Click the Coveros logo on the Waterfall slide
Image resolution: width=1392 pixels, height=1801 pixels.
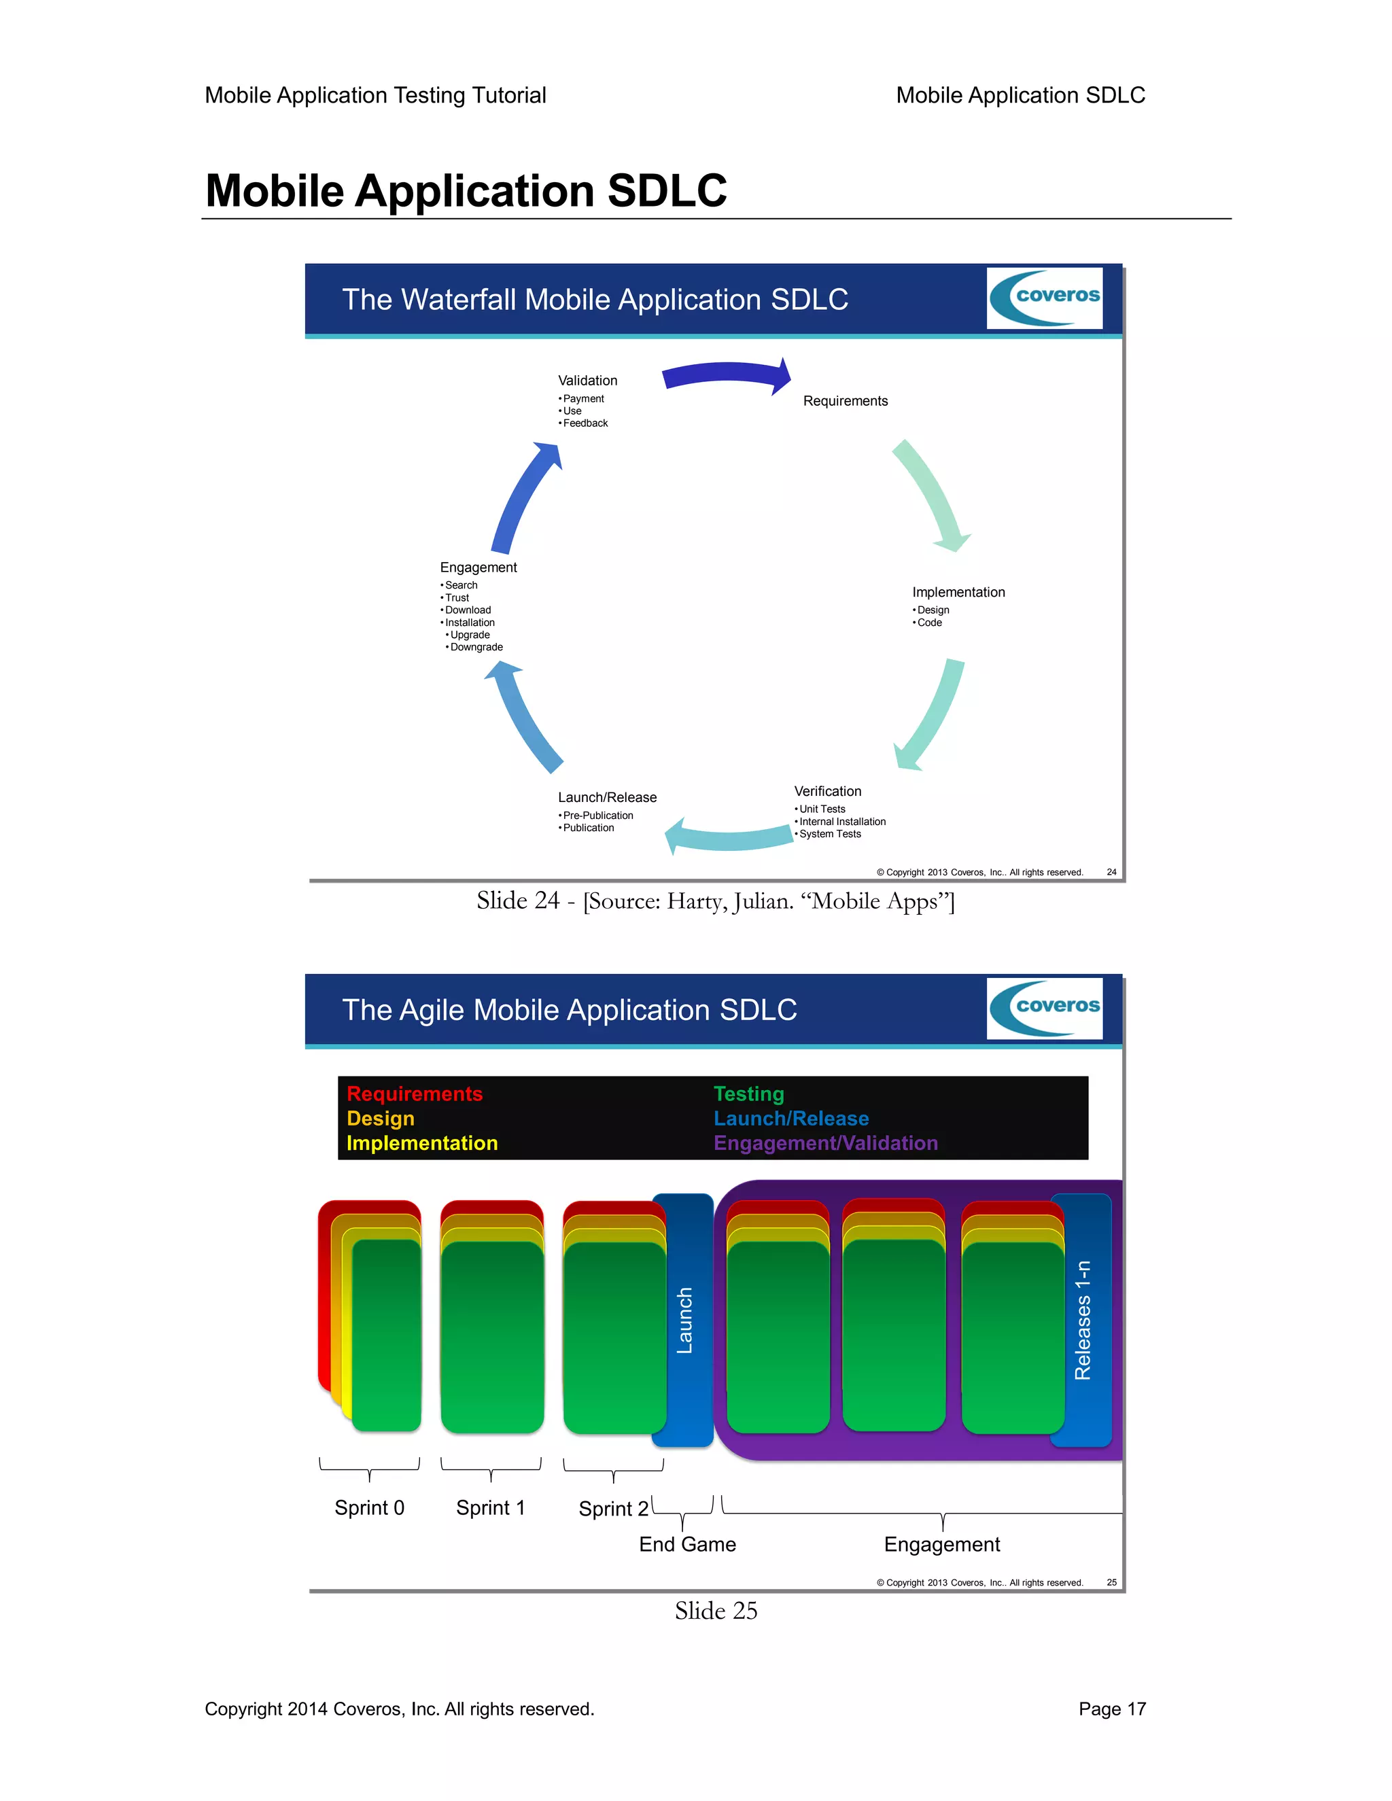pos(1044,298)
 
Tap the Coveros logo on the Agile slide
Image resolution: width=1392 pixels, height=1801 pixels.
pos(1044,1008)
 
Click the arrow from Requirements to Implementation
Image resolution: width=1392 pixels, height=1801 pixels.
pos(932,495)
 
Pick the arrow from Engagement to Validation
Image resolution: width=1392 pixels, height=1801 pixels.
pos(525,498)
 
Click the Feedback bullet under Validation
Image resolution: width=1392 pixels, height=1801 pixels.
pos(585,423)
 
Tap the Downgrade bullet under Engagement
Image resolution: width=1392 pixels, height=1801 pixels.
pos(476,647)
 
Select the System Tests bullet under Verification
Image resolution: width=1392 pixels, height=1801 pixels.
pos(829,834)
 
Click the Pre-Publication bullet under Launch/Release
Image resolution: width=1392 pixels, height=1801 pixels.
pos(597,816)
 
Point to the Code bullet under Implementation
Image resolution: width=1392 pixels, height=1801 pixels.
pos(928,623)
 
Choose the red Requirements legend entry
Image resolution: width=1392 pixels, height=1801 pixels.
pos(414,1094)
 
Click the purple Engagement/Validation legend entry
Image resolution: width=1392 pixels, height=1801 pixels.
pos(825,1143)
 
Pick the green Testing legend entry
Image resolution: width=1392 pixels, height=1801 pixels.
pos(748,1094)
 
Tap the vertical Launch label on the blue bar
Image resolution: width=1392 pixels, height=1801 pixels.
pos(684,1319)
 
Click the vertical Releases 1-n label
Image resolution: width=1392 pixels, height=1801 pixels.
pos(1082,1319)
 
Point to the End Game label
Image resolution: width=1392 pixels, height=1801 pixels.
pos(687,1545)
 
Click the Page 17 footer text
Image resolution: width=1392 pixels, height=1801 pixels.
pos(1111,1709)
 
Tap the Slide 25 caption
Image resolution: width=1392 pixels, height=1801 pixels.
pos(716,1611)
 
